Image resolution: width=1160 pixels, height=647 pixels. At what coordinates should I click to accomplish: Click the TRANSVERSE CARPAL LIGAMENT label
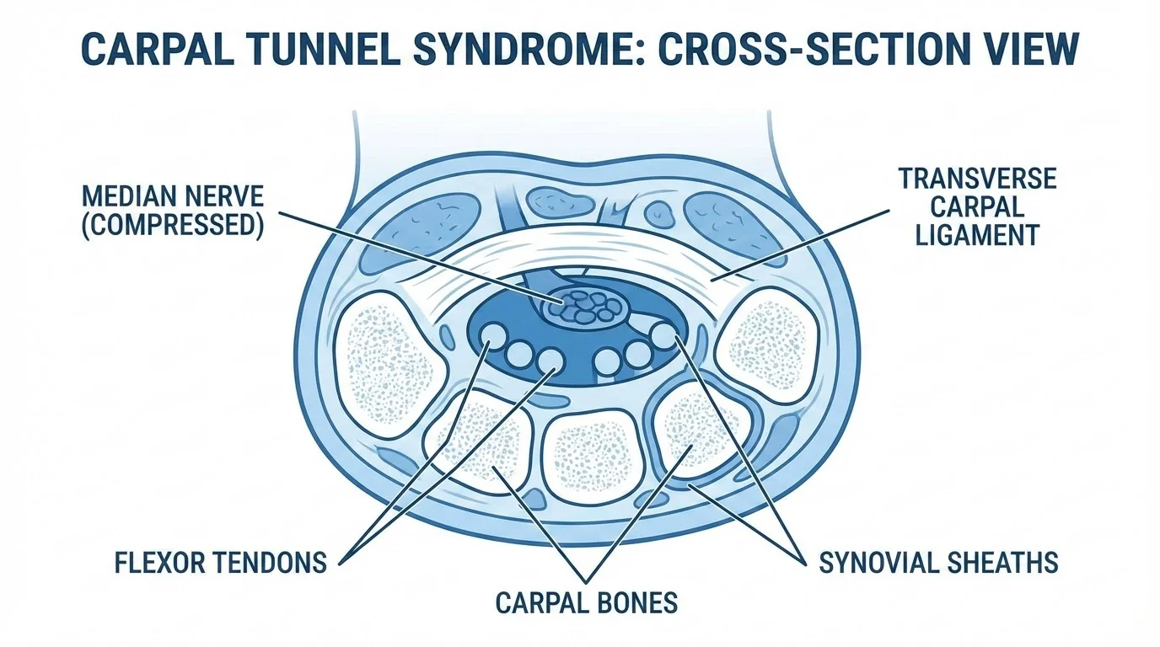click(x=977, y=207)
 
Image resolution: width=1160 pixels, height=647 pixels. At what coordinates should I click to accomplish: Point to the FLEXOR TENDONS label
click(x=220, y=562)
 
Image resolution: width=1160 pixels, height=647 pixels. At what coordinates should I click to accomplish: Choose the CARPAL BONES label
click(x=586, y=602)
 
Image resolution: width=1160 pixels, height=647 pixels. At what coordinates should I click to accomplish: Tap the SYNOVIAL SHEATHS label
click(x=938, y=562)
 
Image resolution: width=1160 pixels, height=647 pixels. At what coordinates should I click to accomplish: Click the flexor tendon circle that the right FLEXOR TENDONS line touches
click(x=549, y=361)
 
